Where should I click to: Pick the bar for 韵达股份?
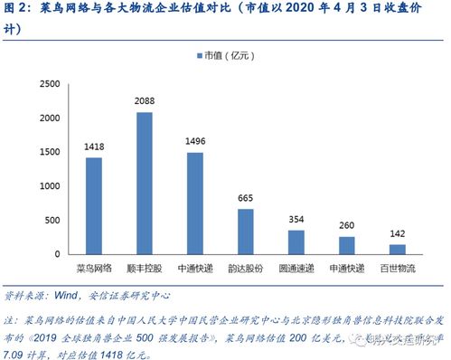pos(246,231)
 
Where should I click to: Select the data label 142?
pos(398,232)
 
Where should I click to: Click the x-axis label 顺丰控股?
pos(145,269)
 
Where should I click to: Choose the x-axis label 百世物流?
pos(398,269)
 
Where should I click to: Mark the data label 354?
pos(296,219)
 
